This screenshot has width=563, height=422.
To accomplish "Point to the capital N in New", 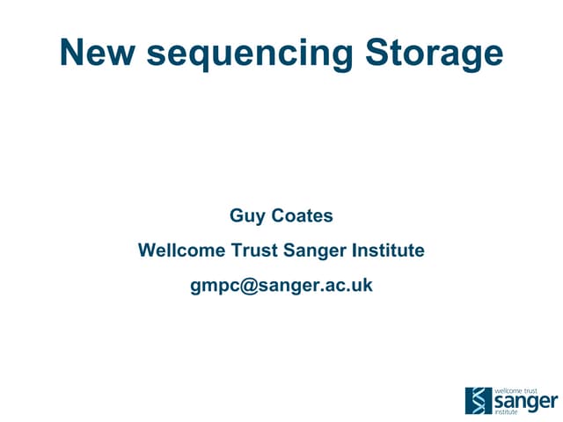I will [71, 54].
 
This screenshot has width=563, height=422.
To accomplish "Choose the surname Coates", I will [303, 215].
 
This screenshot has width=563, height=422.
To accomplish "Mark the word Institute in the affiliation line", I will [388, 251].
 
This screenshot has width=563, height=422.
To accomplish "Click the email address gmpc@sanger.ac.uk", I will [281, 287].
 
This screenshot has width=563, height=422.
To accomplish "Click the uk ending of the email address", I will [362, 286].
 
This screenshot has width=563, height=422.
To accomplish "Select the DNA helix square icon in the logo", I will [479, 400].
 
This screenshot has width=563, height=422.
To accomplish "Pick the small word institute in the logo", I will [508, 411].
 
